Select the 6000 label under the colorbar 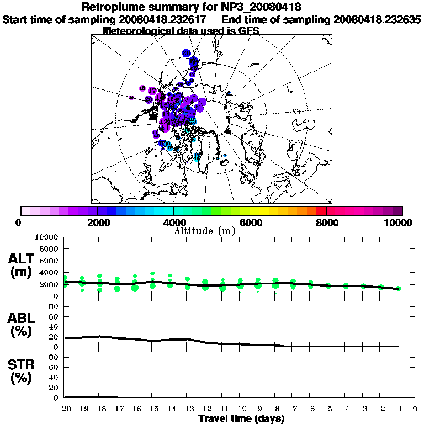(x=250, y=222)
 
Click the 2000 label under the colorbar (x=97, y=222)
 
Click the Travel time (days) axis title (x=242, y=419)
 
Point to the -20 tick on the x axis (x=64, y=409)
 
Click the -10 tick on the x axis (x=240, y=409)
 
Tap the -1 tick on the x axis (x=397, y=409)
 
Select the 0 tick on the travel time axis (x=415, y=409)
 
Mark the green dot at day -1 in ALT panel (x=398, y=288)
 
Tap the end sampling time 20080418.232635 (x=378, y=20)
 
